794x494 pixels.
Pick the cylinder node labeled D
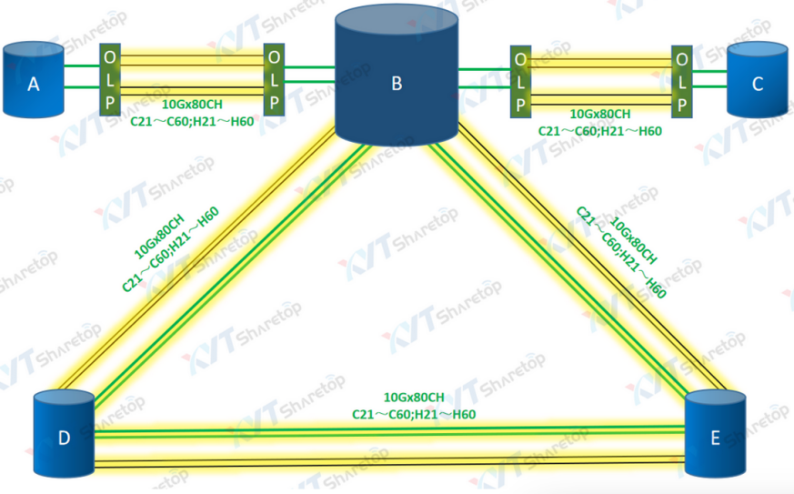pyautogui.click(x=64, y=436)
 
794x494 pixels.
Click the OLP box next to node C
pyautogui.click(x=681, y=80)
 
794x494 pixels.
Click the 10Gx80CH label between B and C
pyautogui.click(x=599, y=115)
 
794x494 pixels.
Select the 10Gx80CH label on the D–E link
pyautogui.click(x=414, y=398)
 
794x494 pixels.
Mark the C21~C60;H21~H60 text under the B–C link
pyautogui.click(x=600, y=131)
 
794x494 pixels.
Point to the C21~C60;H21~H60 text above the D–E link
pyautogui.click(x=414, y=414)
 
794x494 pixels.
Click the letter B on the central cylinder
pyautogui.click(x=397, y=85)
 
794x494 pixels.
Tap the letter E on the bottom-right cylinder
pyautogui.click(x=715, y=439)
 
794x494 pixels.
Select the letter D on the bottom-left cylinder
pyautogui.click(x=64, y=439)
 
